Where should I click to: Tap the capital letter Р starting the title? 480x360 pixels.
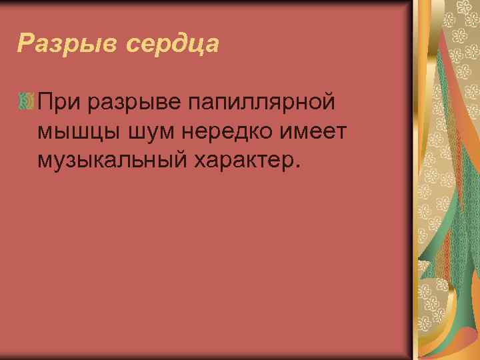[x=25, y=44]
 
